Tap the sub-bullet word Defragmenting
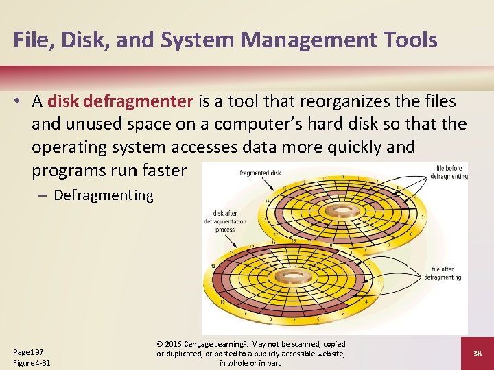coord(104,195)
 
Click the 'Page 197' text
coord(29,351)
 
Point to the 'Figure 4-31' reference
coord(32,362)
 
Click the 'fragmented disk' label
coord(260,173)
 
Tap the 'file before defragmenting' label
coord(449,171)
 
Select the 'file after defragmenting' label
coord(443,273)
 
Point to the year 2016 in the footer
coord(174,344)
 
